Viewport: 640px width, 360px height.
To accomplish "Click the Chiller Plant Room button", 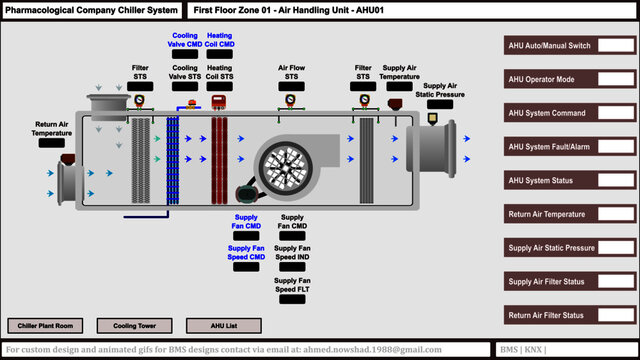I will pos(46,325).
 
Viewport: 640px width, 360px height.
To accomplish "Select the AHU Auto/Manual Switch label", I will pos(549,46).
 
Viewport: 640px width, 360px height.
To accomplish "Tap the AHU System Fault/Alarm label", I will pos(549,147).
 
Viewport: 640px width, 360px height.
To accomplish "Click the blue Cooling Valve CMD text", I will pos(185,40).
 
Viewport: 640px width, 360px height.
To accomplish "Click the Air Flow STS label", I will pos(290,73).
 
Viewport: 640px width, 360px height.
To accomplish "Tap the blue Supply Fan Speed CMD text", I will pos(246,252).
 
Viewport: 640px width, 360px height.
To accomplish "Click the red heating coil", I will pos(219,149).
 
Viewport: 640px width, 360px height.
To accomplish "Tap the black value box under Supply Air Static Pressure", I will pos(439,104).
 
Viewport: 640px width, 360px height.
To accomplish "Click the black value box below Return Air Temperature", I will pos(51,143).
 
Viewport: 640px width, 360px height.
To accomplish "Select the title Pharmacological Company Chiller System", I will pos(91,10).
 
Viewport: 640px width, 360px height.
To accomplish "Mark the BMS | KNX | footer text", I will pos(524,350).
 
